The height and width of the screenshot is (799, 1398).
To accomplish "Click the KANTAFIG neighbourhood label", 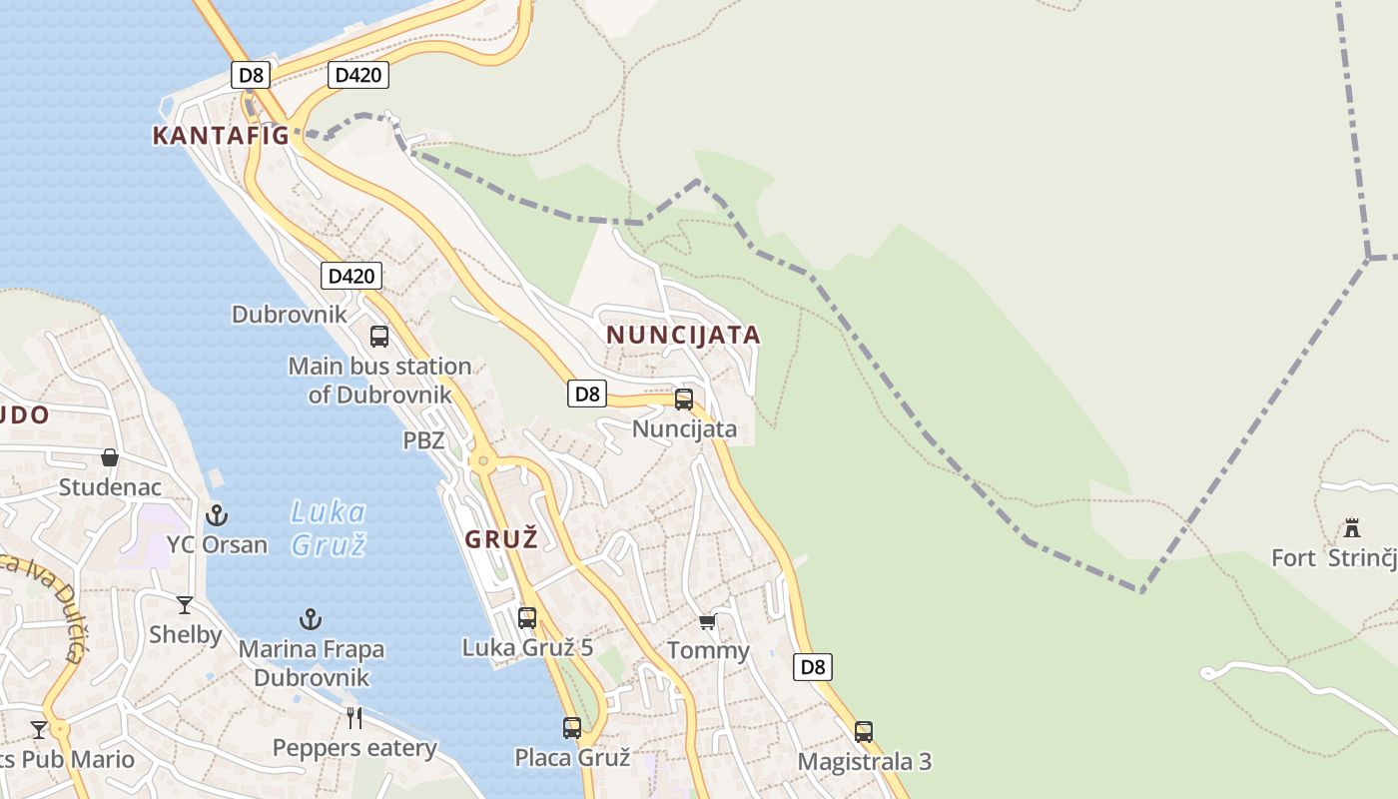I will click(221, 136).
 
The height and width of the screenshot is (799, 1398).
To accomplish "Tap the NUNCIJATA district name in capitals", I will click(683, 335).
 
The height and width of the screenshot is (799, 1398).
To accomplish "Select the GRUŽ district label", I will click(501, 539).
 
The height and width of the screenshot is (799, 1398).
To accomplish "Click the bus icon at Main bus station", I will click(379, 337).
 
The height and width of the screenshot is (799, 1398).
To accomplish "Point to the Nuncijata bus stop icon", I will click(684, 399).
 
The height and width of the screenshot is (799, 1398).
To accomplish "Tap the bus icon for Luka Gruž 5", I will click(527, 618).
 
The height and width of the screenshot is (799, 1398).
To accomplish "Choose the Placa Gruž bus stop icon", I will click(572, 728).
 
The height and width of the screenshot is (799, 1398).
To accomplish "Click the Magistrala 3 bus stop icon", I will click(864, 732).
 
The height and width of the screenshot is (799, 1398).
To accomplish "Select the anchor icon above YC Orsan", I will click(217, 515).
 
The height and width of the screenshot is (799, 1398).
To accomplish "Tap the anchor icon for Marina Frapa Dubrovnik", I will click(311, 620).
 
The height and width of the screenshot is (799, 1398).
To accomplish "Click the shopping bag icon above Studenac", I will click(110, 457).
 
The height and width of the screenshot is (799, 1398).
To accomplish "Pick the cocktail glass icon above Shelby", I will click(185, 605).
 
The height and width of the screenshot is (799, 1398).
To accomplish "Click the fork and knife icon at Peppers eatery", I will click(353, 717).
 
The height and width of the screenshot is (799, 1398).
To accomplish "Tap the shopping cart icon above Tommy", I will click(707, 622).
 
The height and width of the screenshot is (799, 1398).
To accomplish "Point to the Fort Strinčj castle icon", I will click(1352, 527).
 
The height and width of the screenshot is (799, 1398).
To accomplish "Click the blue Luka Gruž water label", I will click(329, 528).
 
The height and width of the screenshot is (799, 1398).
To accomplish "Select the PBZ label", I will click(423, 440).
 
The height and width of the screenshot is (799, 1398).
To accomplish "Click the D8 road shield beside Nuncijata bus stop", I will click(587, 394).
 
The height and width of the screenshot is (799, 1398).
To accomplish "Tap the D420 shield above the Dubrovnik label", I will click(351, 276).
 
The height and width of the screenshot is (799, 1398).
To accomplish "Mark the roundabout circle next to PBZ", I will click(484, 461).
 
